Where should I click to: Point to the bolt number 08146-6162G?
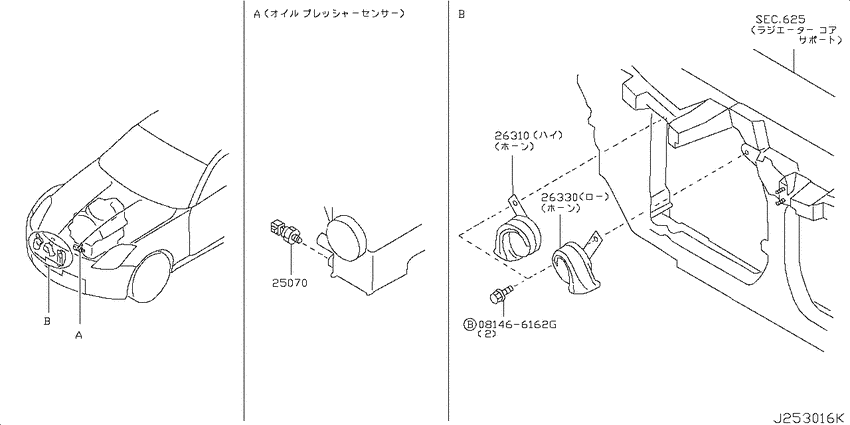pyautogui.click(x=517, y=324)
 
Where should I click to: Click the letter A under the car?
pyautogui.click(x=79, y=336)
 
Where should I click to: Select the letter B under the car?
pyautogui.click(x=47, y=321)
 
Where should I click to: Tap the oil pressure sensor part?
pyautogui.click(x=285, y=233)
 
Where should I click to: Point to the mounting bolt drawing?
pyautogui.click(x=498, y=295)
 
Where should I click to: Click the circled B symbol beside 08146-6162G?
pyautogui.click(x=469, y=324)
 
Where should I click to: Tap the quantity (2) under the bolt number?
pyautogui.click(x=484, y=334)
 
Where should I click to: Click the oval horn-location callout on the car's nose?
pyautogui.click(x=50, y=249)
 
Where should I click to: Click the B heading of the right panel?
pyautogui.click(x=461, y=15)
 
